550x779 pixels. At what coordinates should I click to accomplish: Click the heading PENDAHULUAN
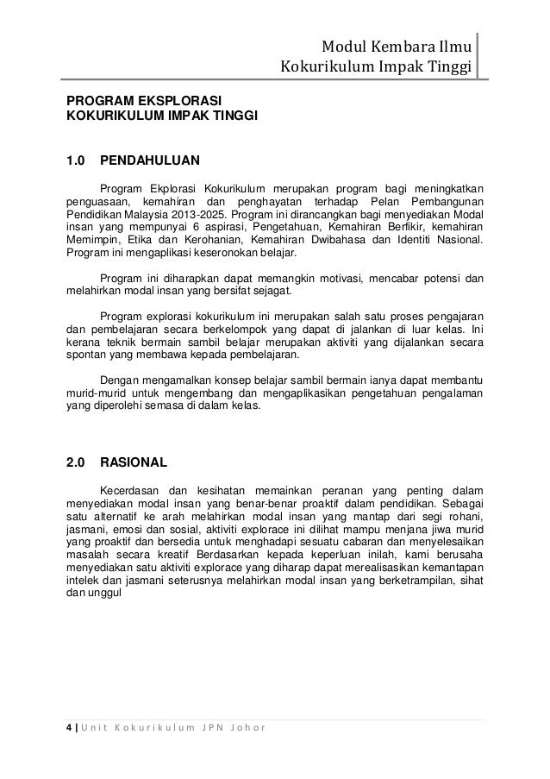coord(150,160)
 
